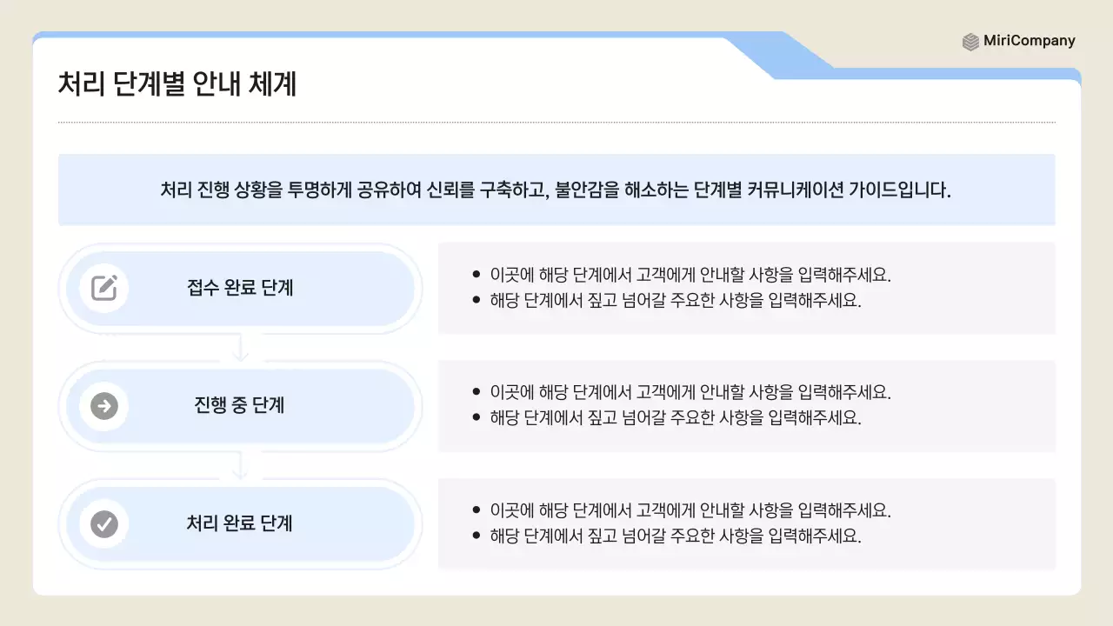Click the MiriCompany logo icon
coord(970,42)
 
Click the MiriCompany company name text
coord(1030,41)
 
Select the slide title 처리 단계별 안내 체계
coord(177,84)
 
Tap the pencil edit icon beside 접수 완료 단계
coord(104,288)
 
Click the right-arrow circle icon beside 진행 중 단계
coord(104,406)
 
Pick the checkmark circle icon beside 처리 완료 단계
coord(104,523)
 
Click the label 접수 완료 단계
coord(240,288)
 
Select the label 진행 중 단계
coord(240,406)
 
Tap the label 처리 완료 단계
coord(240,523)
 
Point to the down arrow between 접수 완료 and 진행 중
coord(241,350)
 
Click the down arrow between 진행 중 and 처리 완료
coord(241,468)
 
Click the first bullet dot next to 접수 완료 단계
coord(476,275)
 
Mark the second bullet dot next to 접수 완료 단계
coord(476,300)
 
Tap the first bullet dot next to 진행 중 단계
coord(476,392)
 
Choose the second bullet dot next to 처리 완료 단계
coord(476,536)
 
